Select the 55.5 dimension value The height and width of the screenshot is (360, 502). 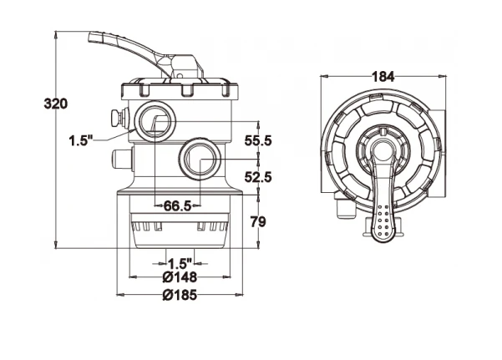click(x=259, y=141)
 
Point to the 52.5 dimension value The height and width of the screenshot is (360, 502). click(x=259, y=176)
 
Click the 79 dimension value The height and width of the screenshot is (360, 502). click(x=259, y=221)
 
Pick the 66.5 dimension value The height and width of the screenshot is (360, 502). click(x=177, y=205)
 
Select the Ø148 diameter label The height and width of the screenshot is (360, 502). click(x=179, y=277)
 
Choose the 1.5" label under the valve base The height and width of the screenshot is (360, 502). click(x=179, y=262)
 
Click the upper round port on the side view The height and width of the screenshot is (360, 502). click(x=155, y=120)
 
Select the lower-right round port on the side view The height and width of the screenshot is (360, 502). click(x=200, y=156)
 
